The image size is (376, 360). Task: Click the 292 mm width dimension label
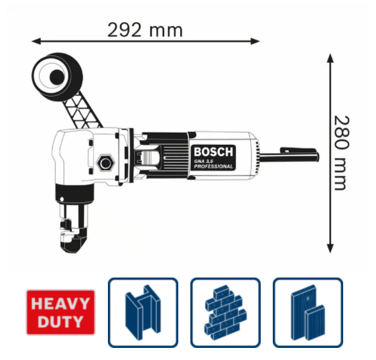[x=145, y=30]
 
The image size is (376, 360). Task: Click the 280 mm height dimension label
[x=341, y=153]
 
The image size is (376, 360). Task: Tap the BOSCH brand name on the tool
[x=213, y=152]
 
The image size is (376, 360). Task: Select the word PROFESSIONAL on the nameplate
[x=213, y=166]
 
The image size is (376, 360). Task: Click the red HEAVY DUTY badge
[x=61, y=312]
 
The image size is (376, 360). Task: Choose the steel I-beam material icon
[x=143, y=312]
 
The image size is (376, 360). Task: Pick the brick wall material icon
[x=225, y=312]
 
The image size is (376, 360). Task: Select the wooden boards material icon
[x=308, y=312]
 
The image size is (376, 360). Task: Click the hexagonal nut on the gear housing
[x=105, y=163]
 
